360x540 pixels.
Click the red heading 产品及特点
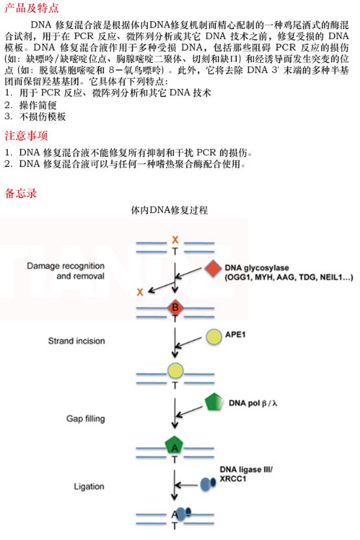(x=32, y=8)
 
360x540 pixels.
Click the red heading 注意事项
(x=26, y=135)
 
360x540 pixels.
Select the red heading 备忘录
(x=21, y=193)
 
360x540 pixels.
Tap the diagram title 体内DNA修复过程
(x=169, y=210)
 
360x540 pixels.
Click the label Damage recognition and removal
(x=66, y=271)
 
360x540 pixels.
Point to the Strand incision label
(x=77, y=341)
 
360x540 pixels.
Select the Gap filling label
(x=86, y=419)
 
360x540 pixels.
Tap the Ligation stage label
(x=89, y=486)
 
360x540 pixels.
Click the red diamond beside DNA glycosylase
(x=213, y=268)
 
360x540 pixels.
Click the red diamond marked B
(x=175, y=307)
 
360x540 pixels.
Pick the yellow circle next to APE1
(x=214, y=337)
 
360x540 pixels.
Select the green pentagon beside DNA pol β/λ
(x=213, y=401)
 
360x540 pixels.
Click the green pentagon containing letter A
(x=174, y=445)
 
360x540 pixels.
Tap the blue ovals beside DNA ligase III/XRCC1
(x=208, y=484)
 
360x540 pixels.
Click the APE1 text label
(x=235, y=335)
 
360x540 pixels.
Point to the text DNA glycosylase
(x=257, y=268)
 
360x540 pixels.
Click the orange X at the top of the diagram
(x=175, y=240)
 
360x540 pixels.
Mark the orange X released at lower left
(x=140, y=292)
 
